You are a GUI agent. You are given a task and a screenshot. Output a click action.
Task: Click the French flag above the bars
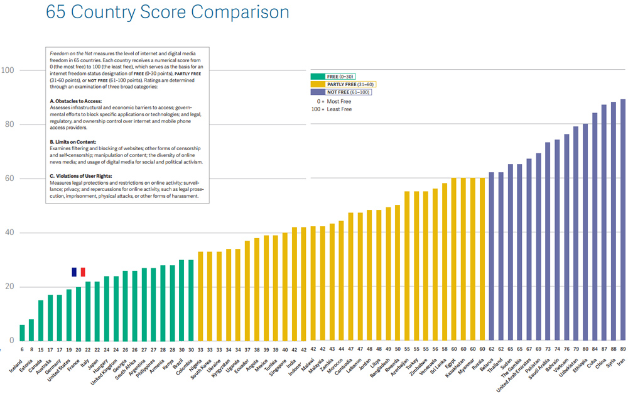tap(78, 272)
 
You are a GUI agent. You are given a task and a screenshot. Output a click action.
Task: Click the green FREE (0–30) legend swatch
tap(318, 77)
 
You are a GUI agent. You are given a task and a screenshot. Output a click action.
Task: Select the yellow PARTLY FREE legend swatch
tap(318, 84)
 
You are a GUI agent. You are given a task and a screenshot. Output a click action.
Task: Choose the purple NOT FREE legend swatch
tap(318, 92)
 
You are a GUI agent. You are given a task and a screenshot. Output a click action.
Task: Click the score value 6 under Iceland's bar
tap(23, 349)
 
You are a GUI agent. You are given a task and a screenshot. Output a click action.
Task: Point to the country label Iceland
tap(16, 365)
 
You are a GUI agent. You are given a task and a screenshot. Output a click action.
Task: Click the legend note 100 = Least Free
tap(331, 109)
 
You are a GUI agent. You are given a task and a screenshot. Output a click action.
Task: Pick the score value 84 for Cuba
tap(595, 349)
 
